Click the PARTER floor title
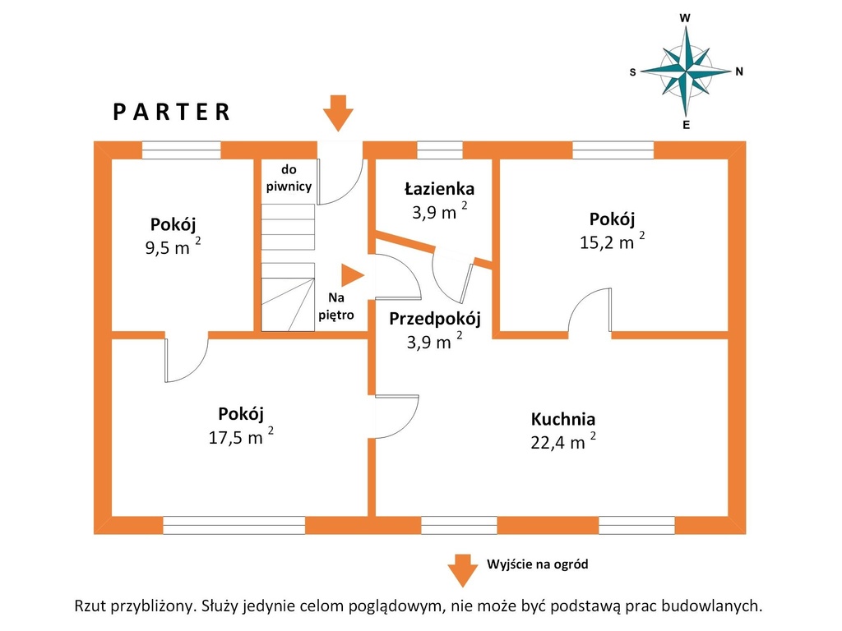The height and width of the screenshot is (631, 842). pos(171,112)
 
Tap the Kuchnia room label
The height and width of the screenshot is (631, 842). pos(562,419)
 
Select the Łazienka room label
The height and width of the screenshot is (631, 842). pos(439,189)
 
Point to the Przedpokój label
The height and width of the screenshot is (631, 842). pos(434,319)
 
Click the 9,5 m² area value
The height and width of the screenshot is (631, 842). pos(173,246)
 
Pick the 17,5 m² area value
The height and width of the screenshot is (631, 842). pos(241,435)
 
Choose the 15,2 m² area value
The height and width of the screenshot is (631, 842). pos(612,241)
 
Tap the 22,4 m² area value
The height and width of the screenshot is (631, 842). pos(562,441)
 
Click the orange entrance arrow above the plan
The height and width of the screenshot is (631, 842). pos(338,113)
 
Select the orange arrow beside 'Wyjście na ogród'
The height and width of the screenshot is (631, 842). pos(462,570)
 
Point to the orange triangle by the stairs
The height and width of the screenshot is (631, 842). pos(352,275)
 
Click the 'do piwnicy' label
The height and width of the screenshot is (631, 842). pos(289,178)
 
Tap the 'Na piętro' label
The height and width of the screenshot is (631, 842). pos(336,306)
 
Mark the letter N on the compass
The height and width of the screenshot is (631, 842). pos(739,71)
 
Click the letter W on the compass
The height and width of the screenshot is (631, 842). pos(685,18)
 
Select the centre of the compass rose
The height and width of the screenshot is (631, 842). pos(686,71)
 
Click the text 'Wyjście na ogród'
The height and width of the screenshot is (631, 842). pos(538,564)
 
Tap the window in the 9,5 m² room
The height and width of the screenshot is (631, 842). pos(181,150)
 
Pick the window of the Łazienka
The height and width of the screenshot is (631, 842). pos(440,150)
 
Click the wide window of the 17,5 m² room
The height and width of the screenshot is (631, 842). pos(234,525)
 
